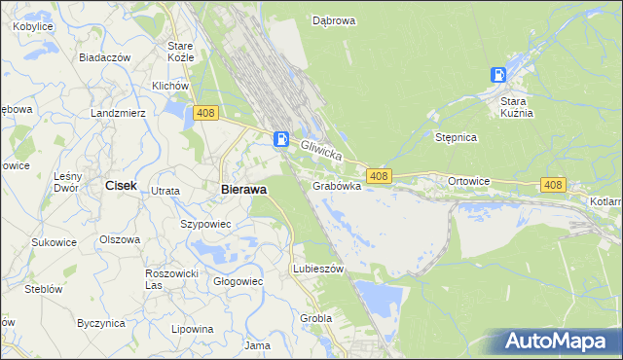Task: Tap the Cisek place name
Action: point(121,185)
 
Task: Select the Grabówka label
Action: point(337,185)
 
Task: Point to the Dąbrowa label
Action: point(333,19)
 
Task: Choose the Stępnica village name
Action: point(456,138)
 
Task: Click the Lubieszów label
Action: point(318,269)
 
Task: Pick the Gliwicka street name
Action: point(322,150)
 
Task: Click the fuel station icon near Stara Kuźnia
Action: point(498,75)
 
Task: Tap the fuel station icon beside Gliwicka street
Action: point(281,139)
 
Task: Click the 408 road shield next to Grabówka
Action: point(380,176)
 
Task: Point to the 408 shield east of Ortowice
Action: point(553,184)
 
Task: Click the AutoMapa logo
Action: point(559,341)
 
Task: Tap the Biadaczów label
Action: point(105,57)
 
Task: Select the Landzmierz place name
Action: point(118,113)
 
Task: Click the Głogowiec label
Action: point(238,281)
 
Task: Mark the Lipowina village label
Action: point(192,329)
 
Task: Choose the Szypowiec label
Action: point(205,224)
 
